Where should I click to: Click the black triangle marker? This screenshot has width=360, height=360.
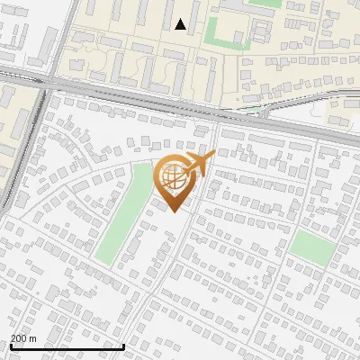[181, 24]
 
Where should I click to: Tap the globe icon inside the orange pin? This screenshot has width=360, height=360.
[175, 178]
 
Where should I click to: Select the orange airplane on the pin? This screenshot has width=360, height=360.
[197, 164]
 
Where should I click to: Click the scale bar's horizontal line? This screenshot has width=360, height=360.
[67, 346]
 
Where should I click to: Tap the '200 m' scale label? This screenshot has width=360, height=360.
[23, 338]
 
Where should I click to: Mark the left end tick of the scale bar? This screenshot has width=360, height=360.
[11, 345]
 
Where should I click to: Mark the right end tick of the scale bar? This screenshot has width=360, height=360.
[123, 345]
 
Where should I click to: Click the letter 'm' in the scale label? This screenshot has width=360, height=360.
[32, 338]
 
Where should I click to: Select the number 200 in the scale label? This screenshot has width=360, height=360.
[19, 338]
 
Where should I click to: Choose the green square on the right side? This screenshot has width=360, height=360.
[311, 246]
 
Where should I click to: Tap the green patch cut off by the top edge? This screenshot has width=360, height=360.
[265, 3]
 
